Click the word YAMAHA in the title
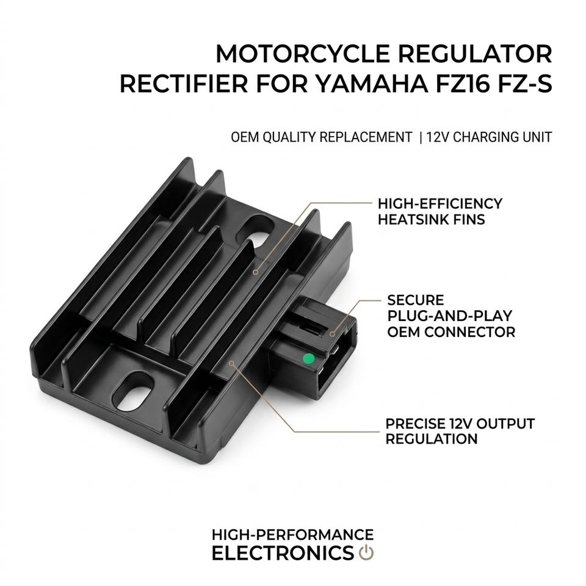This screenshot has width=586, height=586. [x=353, y=84]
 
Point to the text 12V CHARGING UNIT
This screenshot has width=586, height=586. [x=489, y=137]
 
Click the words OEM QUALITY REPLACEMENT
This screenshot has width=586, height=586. [x=321, y=137]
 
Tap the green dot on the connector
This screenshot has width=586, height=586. [x=309, y=358]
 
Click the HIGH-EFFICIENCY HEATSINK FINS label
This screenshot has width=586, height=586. [x=440, y=211]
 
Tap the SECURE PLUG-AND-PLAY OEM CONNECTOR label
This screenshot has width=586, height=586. [x=450, y=316]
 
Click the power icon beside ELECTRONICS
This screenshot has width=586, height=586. [x=366, y=553]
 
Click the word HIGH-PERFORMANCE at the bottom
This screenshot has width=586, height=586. [x=292, y=535]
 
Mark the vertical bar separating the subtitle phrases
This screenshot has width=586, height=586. [x=421, y=137]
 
